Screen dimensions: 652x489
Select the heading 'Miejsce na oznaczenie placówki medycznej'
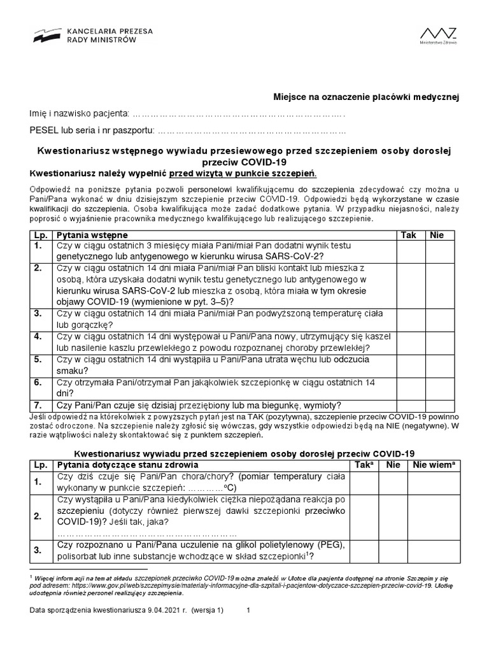coord(365,96)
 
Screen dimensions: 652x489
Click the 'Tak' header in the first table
coord(408,235)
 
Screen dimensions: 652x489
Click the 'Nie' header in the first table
coord(437,235)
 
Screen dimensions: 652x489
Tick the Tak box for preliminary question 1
coord(408,251)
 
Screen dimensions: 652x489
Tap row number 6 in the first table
coord(38,383)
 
